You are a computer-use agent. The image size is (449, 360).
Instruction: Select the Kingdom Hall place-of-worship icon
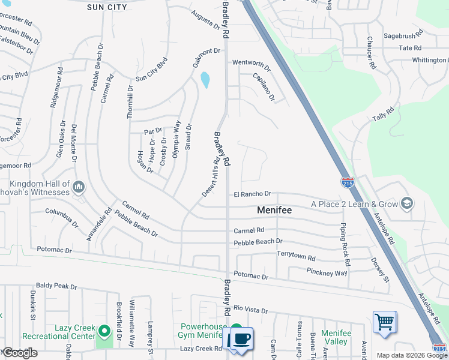click(x=79, y=188)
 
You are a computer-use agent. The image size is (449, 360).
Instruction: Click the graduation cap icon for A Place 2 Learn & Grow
click(x=408, y=204)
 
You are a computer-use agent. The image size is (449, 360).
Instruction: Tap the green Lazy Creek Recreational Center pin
click(x=104, y=331)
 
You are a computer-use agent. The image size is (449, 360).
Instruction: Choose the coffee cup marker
click(x=241, y=339)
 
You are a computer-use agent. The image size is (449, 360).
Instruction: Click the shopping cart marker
click(x=384, y=322)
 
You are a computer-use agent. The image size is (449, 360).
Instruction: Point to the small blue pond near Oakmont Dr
click(x=205, y=79)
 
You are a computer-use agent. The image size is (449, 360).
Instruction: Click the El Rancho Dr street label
click(x=253, y=194)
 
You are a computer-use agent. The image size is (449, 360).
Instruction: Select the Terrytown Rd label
click(x=296, y=255)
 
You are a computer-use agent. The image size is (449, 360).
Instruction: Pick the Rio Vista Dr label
click(x=250, y=309)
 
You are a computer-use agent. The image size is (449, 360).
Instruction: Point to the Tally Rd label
click(x=382, y=113)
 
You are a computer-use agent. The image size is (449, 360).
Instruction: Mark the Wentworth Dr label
click(x=252, y=62)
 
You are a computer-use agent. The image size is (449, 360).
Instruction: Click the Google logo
click(x=19, y=353)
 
